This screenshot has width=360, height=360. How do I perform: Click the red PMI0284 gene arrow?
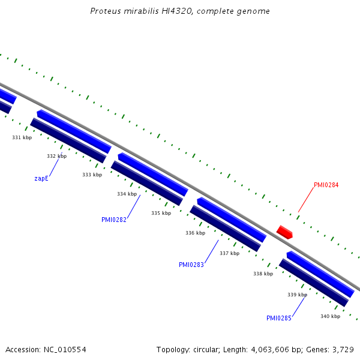tap(284, 232)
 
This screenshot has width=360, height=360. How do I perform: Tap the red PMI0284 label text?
tap(326, 185)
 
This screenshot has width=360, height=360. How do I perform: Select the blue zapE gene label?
tap(41, 178)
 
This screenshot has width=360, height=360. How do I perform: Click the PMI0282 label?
tap(114, 220)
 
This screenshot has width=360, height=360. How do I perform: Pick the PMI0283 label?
tap(191, 265)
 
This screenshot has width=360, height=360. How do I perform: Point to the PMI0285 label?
tap(279, 318)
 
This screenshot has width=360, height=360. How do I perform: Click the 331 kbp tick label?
tap(22, 137)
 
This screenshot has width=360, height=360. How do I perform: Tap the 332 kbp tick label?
tap(57, 156)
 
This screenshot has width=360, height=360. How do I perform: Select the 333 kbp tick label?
tap(92, 175)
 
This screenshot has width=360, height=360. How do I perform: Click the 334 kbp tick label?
tap(127, 194)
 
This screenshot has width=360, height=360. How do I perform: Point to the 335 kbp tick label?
tap(161, 213)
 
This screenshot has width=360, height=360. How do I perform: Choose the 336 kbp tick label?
tap(196, 233)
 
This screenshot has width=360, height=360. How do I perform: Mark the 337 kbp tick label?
tap(230, 253)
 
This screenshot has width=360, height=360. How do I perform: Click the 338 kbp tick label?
tap(263, 274)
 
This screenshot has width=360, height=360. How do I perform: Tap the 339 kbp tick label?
tap(298, 295)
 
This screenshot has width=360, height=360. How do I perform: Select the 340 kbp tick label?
tap(331, 316)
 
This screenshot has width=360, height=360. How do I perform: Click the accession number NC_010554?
tap(65, 350)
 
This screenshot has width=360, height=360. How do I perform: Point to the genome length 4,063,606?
tap(270, 350)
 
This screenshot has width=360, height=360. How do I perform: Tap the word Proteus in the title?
tap(106, 11)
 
